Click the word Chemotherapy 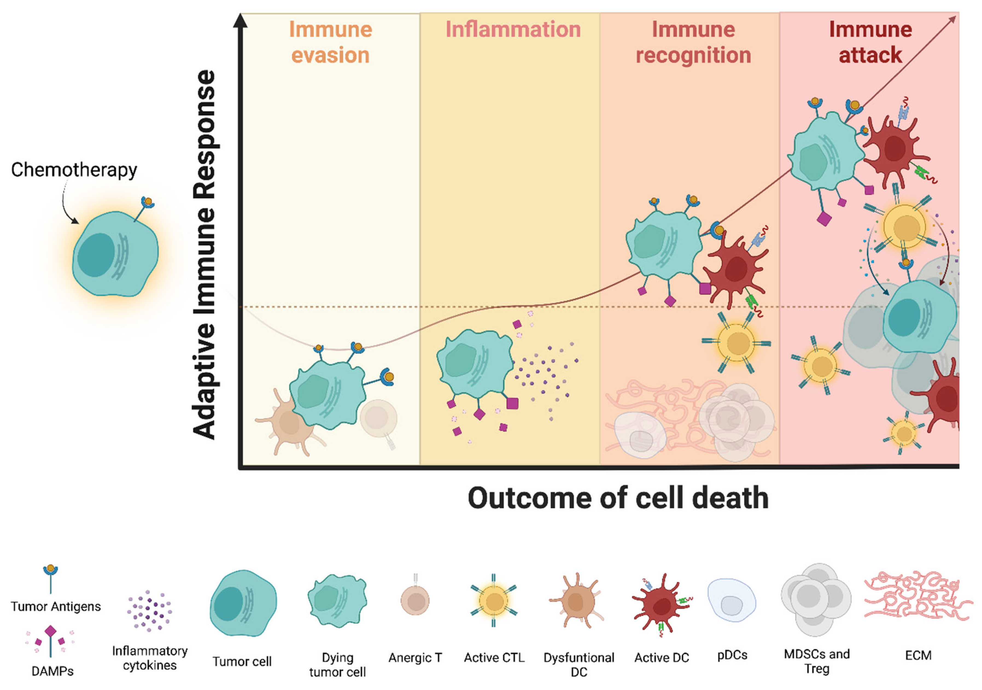[x=74, y=170]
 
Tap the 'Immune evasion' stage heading [x=330, y=42]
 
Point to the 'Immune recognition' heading [x=693, y=42]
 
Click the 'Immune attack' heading [x=870, y=42]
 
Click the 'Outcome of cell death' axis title [x=618, y=497]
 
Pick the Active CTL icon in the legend [x=494, y=601]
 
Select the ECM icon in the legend [x=917, y=595]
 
